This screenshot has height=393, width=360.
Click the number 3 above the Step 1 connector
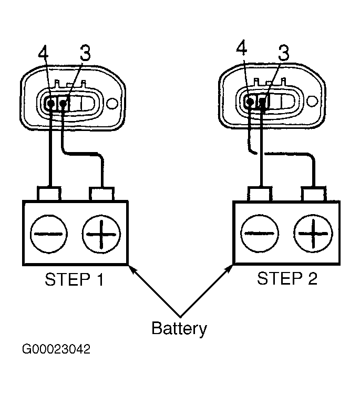[x=85, y=53]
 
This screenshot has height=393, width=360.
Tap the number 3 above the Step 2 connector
[x=284, y=53]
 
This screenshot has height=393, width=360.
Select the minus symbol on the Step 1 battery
[x=48, y=234]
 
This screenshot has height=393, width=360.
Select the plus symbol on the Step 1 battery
[x=101, y=234]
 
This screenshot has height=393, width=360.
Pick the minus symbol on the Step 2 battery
[x=259, y=234]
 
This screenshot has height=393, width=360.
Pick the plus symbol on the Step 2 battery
[x=313, y=234]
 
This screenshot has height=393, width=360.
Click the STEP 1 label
[x=74, y=279]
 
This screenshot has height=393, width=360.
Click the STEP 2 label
[x=287, y=278]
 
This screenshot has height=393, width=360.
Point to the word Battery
[x=179, y=329]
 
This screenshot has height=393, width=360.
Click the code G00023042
[x=56, y=349]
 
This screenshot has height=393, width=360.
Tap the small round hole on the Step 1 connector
[x=112, y=103]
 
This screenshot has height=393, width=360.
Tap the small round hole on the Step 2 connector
[x=312, y=102]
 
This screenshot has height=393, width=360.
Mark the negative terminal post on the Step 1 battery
[x=49, y=194]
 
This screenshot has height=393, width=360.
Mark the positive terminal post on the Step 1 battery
[x=102, y=194]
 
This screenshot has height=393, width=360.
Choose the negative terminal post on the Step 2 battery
[x=260, y=194]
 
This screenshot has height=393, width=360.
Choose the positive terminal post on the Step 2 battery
[x=314, y=194]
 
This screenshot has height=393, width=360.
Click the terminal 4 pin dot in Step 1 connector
[x=51, y=103]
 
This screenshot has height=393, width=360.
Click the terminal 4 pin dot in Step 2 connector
[x=250, y=101]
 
